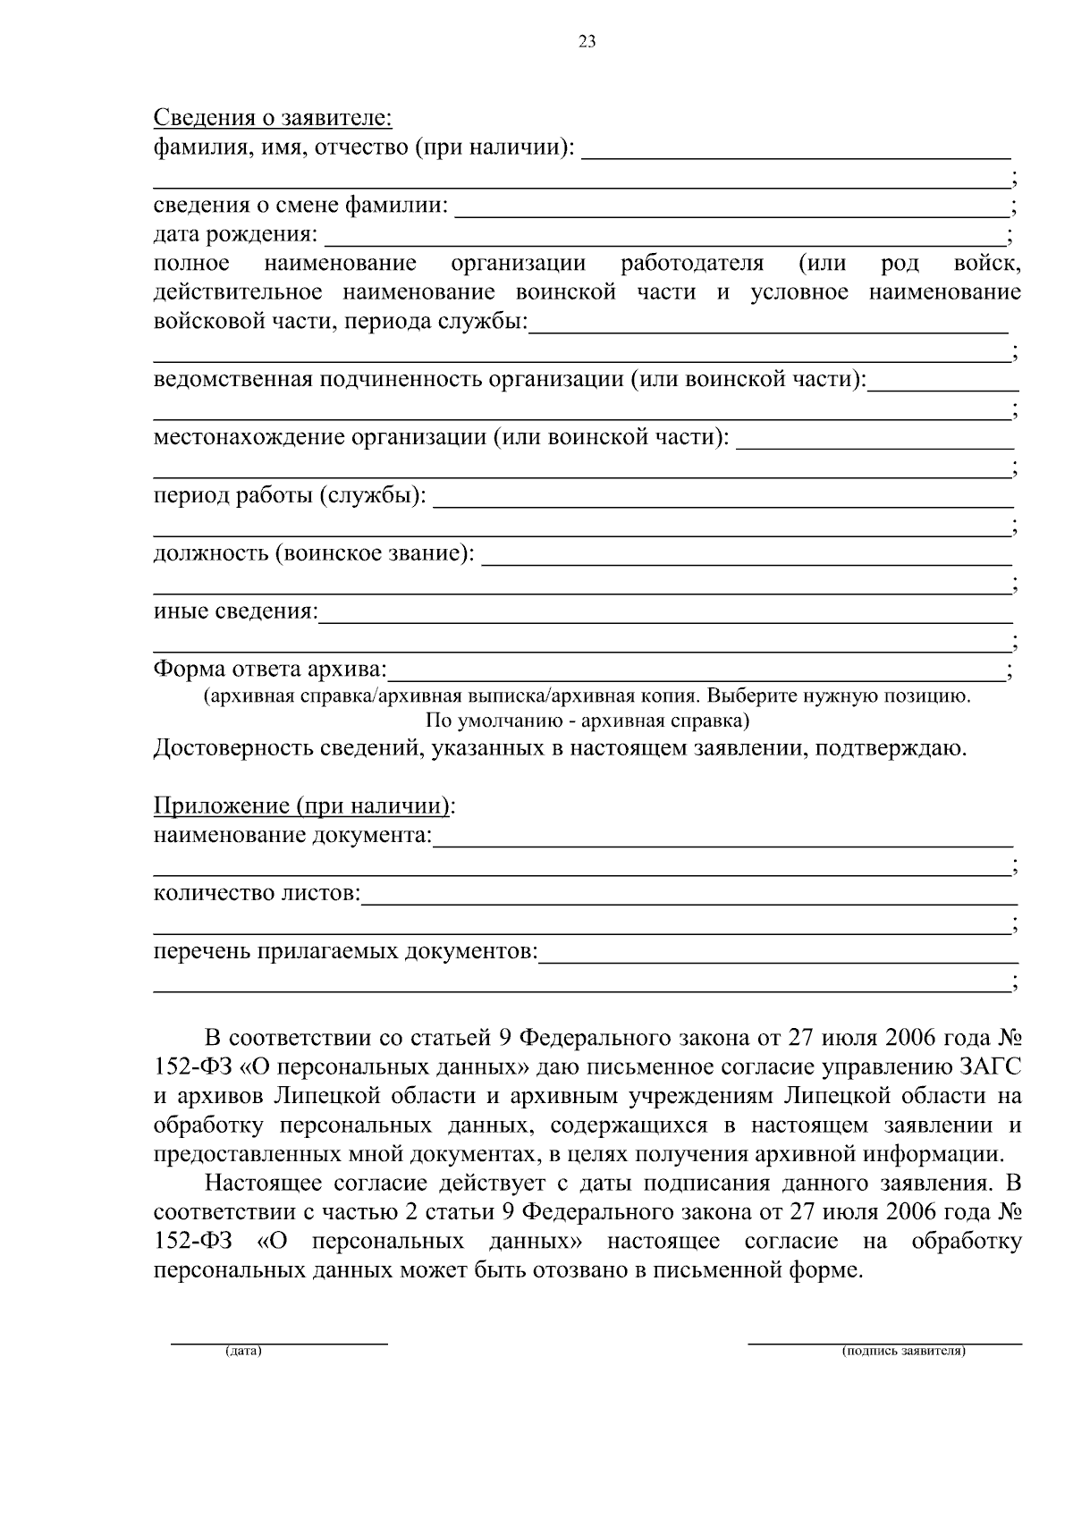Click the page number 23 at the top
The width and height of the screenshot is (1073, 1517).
pos(587,41)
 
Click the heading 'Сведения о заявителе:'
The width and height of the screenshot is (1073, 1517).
pos(273,117)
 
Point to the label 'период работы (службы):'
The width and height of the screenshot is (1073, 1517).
pos(290,495)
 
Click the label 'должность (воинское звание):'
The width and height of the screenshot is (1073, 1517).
pos(314,553)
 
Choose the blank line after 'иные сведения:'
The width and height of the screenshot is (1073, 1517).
pos(665,619)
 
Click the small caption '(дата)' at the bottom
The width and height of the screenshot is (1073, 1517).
pos(243,1351)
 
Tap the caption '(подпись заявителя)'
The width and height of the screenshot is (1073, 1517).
pos(902,1351)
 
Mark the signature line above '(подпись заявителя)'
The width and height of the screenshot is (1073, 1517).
pos(883,1342)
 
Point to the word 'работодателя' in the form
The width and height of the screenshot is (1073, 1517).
pos(691,264)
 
